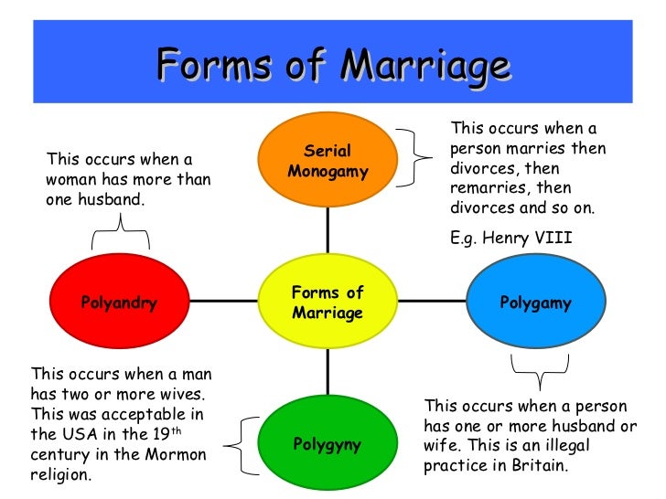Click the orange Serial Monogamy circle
328,162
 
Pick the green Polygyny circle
328,444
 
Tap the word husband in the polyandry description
112,200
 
